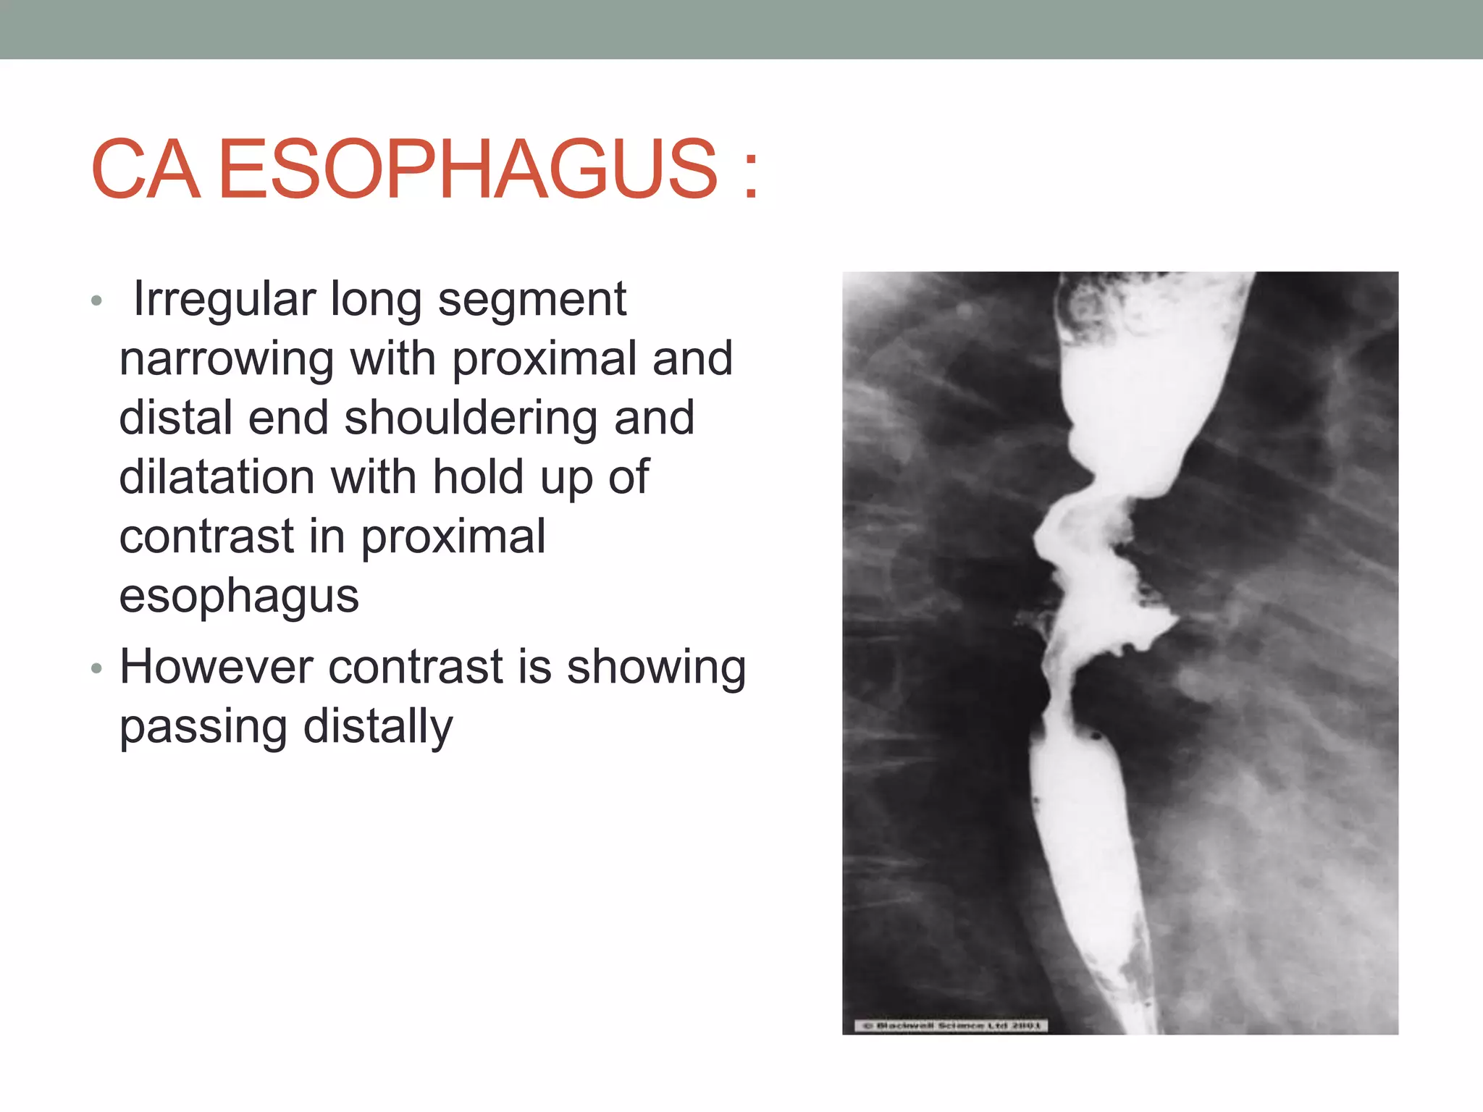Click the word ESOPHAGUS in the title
468,169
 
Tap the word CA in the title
145,169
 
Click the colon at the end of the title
751,174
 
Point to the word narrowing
227,359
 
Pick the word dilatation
217,478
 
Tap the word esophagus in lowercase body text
239,597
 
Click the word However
216,667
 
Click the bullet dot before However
97,668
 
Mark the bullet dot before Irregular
97,300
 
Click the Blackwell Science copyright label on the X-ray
951,1025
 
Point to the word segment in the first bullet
532,299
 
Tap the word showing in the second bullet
656,667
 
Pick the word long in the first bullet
376,299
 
